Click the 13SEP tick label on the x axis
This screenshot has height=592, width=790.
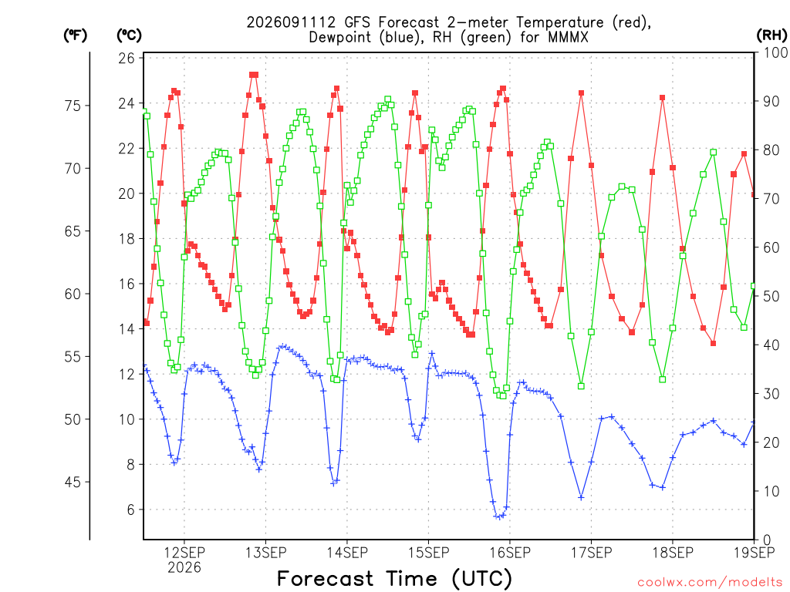click(x=265, y=553)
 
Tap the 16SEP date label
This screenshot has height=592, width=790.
click(x=510, y=553)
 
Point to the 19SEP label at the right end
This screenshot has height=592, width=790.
click(x=755, y=553)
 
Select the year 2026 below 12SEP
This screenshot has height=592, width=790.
click(x=184, y=568)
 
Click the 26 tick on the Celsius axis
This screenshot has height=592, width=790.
click(x=127, y=59)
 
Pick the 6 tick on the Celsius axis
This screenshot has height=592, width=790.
click(x=131, y=510)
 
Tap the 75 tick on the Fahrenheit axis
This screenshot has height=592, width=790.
click(x=73, y=106)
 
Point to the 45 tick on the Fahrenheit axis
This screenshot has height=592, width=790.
click(x=73, y=483)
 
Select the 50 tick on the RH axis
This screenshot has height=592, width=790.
click(x=771, y=297)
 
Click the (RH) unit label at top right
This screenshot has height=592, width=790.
click(x=771, y=35)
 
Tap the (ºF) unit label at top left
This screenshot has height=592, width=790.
click(x=75, y=35)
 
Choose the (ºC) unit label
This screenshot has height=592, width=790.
click(x=130, y=35)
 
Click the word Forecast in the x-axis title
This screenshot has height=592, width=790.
click(x=326, y=579)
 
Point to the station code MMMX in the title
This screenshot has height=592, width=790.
click(x=568, y=37)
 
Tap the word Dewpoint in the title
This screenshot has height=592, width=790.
click(x=340, y=38)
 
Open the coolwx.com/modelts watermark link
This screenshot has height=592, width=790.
click(x=710, y=583)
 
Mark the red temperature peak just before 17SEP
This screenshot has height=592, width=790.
click(x=581, y=93)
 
